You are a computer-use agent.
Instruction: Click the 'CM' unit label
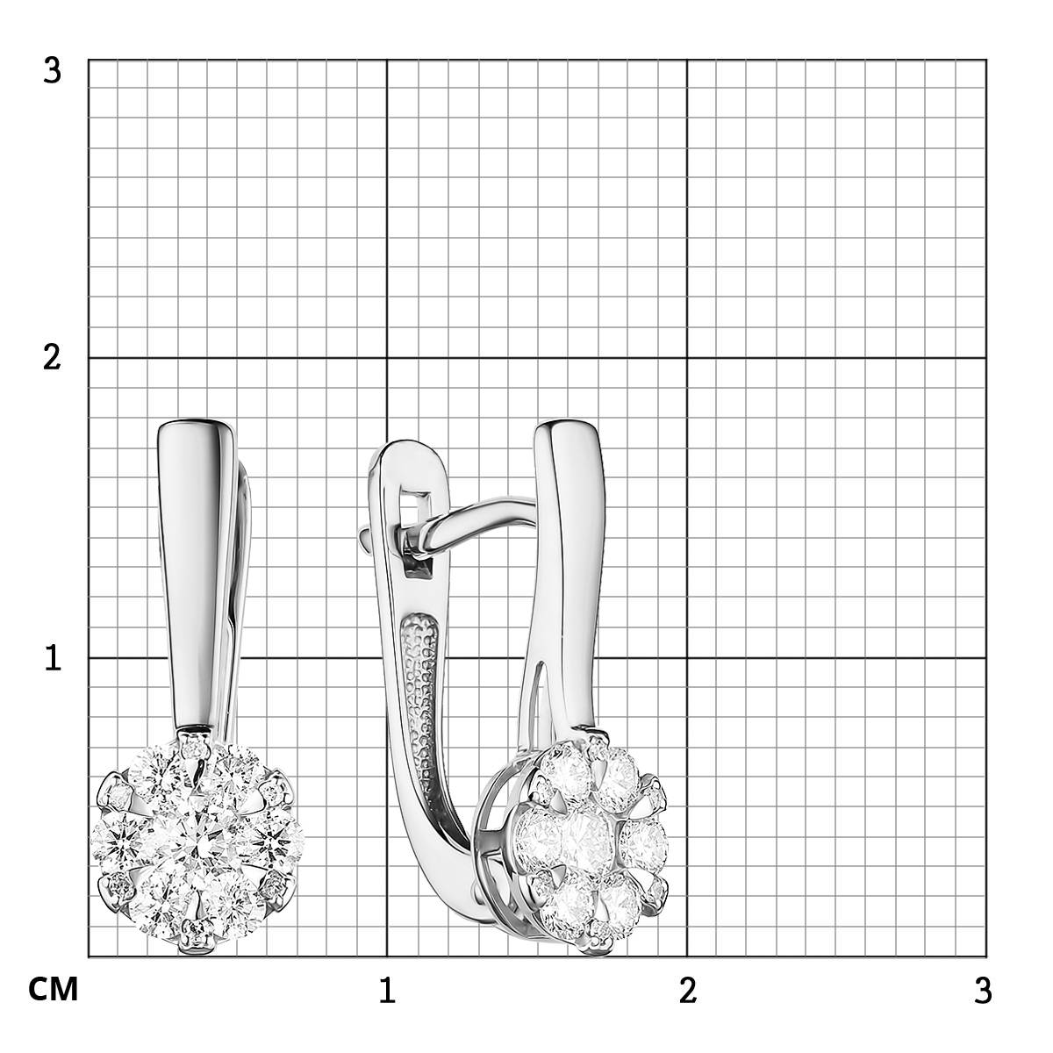click(x=53, y=989)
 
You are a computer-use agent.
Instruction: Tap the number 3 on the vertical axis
click(x=52, y=71)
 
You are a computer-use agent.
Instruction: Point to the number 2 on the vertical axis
click(x=52, y=359)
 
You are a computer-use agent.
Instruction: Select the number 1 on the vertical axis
click(x=53, y=658)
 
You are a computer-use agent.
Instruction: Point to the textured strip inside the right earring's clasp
click(x=422, y=705)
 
